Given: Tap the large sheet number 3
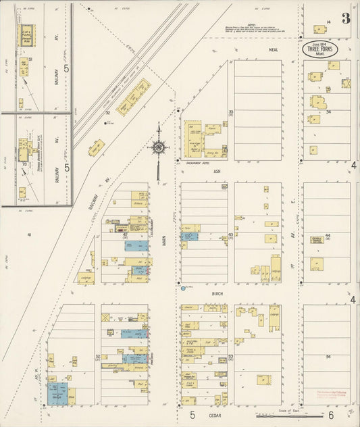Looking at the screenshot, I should [346, 18].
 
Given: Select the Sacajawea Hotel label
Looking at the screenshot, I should [195, 163].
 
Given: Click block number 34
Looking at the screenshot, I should [328, 112].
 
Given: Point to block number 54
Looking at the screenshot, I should [328, 355].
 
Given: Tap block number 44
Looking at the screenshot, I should [328, 236].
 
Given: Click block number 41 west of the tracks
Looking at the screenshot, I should [30, 234].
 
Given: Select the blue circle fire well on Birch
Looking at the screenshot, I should [184, 288].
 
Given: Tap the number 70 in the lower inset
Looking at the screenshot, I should [24, 164].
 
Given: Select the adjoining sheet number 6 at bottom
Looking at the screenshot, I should [330, 415].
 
